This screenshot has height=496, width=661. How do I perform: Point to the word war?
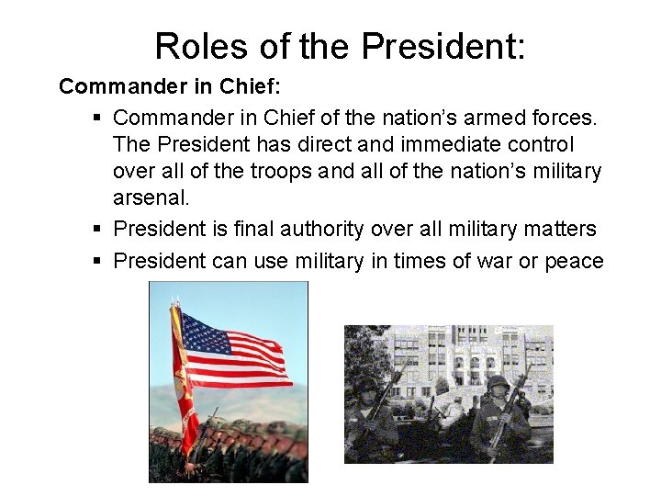(x=489, y=261)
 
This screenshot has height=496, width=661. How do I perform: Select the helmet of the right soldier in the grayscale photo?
(x=498, y=382)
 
